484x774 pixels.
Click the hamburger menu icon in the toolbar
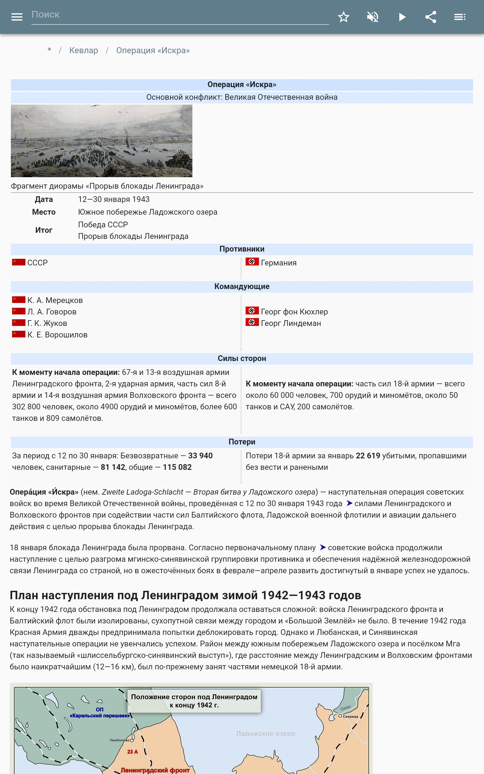(x=17, y=17)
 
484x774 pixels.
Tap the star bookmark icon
(x=343, y=17)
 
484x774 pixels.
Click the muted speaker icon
(x=373, y=17)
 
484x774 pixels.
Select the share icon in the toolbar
(x=431, y=17)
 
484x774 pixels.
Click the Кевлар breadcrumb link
(x=83, y=50)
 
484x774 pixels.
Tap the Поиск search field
(x=179, y=15)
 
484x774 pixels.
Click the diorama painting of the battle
(x=101, y=141)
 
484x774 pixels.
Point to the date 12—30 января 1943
(x=114, y=199)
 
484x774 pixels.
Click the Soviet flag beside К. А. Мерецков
(x=18, y=300)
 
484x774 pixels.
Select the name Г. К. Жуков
(x=47, y=323)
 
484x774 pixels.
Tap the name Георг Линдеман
(x=291, y=323)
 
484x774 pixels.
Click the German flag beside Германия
(x=252, y=262)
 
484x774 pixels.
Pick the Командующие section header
(x=242, y=286)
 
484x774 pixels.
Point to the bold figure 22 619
(x=368, y=455)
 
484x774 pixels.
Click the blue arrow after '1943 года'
(x=349, y=503)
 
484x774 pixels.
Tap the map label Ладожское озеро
(x=265, y=733)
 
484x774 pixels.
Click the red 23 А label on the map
(x=132, y=752)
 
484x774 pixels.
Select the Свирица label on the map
(x=350, y=717)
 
